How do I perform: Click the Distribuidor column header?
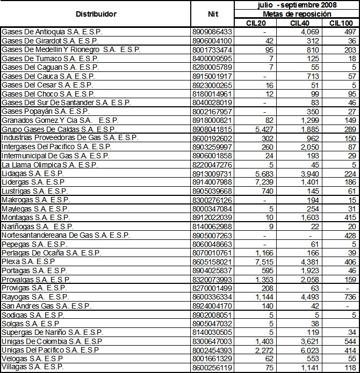click(x=96, y=14)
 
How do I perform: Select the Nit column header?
click(x=212, y=14)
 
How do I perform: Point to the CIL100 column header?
click(x=340, y=23)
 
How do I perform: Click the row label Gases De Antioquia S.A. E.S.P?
click(x=52, y=32)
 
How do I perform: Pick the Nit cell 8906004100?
click(x=212, y=41)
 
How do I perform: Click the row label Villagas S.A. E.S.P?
click(x=33, y=367)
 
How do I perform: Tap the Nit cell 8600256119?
click(x=212, y=367)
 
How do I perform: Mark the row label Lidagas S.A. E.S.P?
click(x=33, y=173)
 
